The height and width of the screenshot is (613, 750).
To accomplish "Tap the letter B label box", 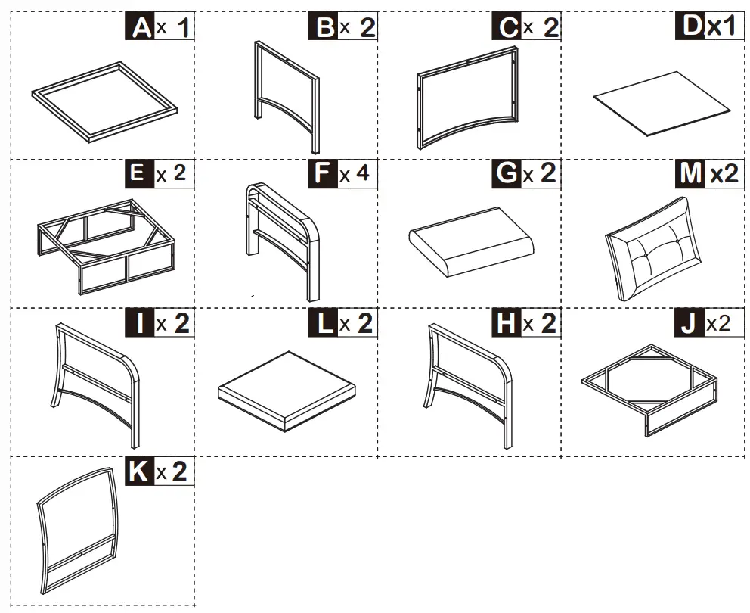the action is click(324, 27).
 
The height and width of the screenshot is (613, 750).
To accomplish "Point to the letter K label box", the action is click(138, 471).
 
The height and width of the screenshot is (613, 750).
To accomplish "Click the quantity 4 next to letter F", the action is click(363, 173).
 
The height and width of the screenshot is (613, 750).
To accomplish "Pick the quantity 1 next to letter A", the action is click(184, 28).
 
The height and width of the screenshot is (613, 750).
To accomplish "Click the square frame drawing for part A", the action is click(104, 101).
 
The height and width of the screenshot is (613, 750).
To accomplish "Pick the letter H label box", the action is click(507, 323).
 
